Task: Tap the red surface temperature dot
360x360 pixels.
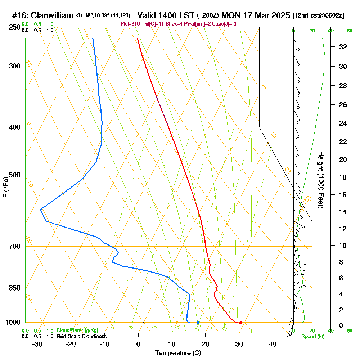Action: [x=240, y=323]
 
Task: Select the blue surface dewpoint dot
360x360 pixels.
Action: [x=198, y=323]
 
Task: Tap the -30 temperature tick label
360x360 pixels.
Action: [x=37, y=344]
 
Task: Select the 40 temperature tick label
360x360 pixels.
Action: [x=273, y=344]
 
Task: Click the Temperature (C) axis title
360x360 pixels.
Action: [x=178, y=353]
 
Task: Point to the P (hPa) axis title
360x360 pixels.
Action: [x=5, y=187]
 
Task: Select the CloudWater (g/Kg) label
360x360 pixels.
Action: [x=77, y=330]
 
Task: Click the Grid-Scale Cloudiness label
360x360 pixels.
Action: [x=81, y=336]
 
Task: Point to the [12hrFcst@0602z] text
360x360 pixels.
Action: [x=319, y=15]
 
